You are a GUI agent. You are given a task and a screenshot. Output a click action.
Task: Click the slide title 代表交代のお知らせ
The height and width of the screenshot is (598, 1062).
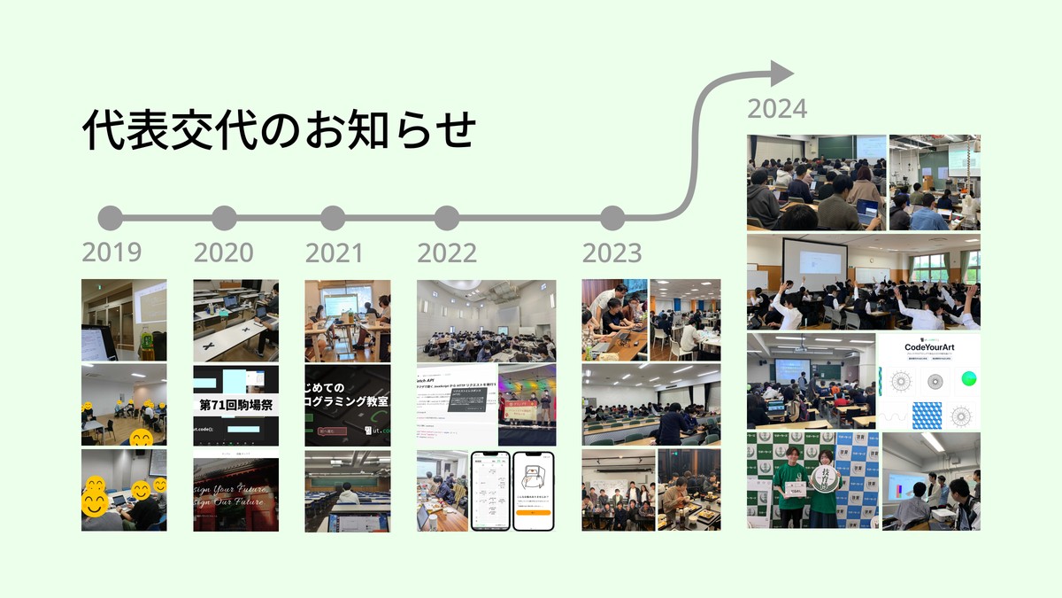pos(280,129)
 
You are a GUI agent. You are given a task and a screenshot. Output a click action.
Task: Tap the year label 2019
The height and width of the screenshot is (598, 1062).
pos(112,252)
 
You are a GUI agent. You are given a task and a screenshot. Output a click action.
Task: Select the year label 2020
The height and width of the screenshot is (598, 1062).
pos(223,252)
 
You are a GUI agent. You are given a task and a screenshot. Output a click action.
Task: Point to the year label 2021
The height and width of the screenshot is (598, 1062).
pos(335,252)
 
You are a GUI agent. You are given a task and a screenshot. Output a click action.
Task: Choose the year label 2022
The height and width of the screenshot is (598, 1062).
pos(447,252)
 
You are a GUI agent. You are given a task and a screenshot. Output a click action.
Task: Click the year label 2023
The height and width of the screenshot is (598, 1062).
pos(612,252)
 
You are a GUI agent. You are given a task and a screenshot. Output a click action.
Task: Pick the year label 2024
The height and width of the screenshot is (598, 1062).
pos(777,109)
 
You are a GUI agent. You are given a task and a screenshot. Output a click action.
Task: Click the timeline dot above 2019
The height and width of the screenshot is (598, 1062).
pos(111,218)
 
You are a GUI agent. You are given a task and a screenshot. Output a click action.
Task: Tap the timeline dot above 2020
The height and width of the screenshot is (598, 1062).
pos(224,218)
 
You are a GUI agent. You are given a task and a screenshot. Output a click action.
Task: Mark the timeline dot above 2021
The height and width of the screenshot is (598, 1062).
pos(333,218)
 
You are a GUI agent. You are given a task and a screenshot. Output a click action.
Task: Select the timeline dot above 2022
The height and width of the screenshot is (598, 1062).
pos(447,218)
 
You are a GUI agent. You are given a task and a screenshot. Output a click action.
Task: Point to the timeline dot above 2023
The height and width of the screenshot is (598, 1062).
pos(612,218)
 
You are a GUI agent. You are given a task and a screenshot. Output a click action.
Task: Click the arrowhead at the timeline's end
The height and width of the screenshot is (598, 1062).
pos(780,74)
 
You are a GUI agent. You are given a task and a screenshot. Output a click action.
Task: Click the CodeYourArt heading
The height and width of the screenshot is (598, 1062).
pos(929,346)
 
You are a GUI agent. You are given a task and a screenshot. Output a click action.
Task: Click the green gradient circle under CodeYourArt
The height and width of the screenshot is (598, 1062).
pos(966,379)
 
